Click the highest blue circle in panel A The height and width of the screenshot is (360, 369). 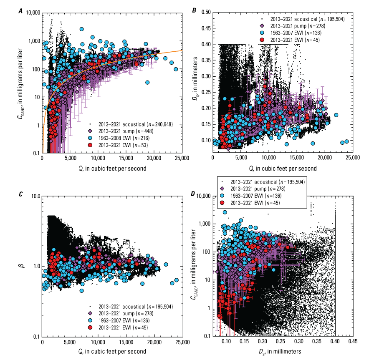click(x=82, y=29)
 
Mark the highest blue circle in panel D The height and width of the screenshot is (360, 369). click(x=225, y=212)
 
